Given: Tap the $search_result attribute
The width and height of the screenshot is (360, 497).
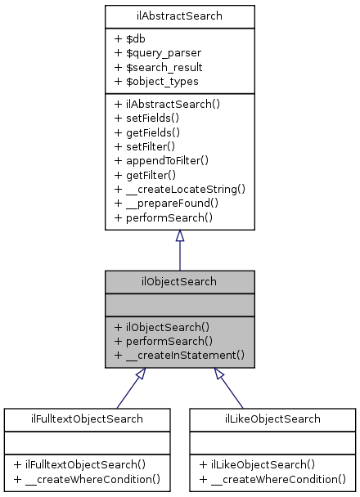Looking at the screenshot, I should pyautogui.click(x=159, y=67).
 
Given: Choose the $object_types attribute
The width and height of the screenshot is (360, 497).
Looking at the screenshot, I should pyautogui.click(x=156, y=82).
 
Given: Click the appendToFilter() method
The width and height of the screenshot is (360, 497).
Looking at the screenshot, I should pyautogui.click(x=162, y=161).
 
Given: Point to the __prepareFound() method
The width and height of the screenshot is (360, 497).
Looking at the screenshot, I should pyautogui.click(x=168, y=204).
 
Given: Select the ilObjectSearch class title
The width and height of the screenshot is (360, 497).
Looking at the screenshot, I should pyautogui.click(x=179, y=282).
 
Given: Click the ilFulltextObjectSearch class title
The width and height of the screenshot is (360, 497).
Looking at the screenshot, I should pyautogui.click(x=86, y=419).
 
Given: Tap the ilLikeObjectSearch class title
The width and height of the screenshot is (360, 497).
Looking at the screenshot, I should pyautogui.click(x=273, y=419).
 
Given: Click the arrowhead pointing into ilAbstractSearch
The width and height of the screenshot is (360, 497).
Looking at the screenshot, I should pyautogui.click(x=179, y=236).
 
